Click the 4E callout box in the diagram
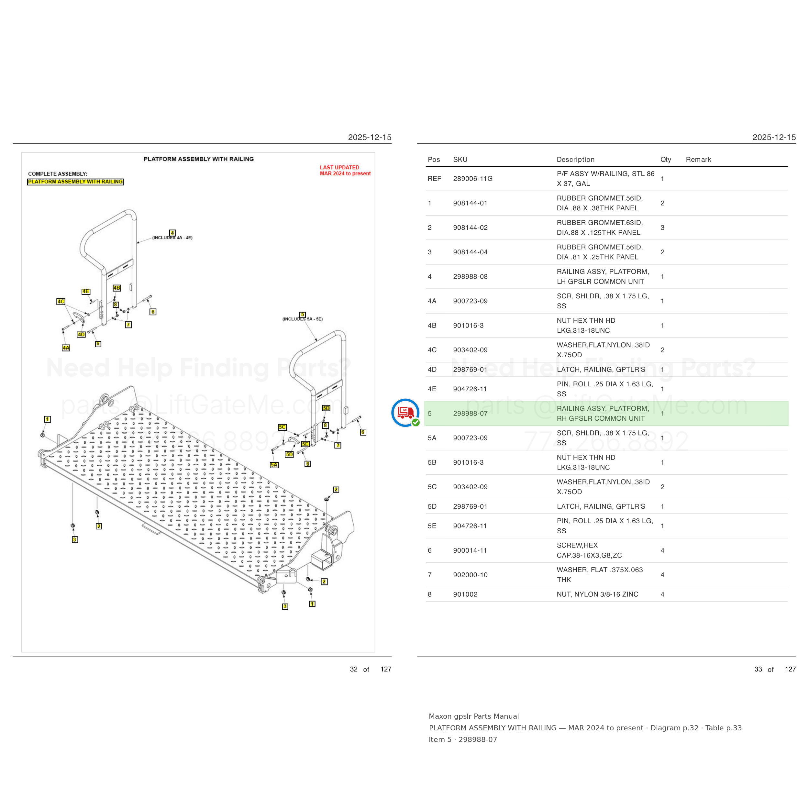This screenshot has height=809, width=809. (x=86, y=292)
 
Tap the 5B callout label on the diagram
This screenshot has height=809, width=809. (x=326, y=408)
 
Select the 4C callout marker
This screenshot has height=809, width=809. (x=61, y=302)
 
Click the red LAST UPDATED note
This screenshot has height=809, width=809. (x=345, y=171)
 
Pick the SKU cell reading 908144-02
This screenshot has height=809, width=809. (x=470, y=228)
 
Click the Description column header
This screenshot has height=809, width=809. (x=575, y=160)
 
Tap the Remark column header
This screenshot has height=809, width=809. (x=698, y=160)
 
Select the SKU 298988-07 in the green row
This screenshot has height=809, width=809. (x=470, y=414)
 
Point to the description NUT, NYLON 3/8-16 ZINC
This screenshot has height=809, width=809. (x=598, y=594)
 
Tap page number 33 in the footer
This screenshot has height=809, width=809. (x=758, y=669)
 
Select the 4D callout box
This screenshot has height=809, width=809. (x=81, y=335)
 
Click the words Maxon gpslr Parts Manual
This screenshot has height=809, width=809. (x=474, y=716)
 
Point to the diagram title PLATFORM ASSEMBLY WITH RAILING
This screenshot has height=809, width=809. (x=198, y=159)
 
